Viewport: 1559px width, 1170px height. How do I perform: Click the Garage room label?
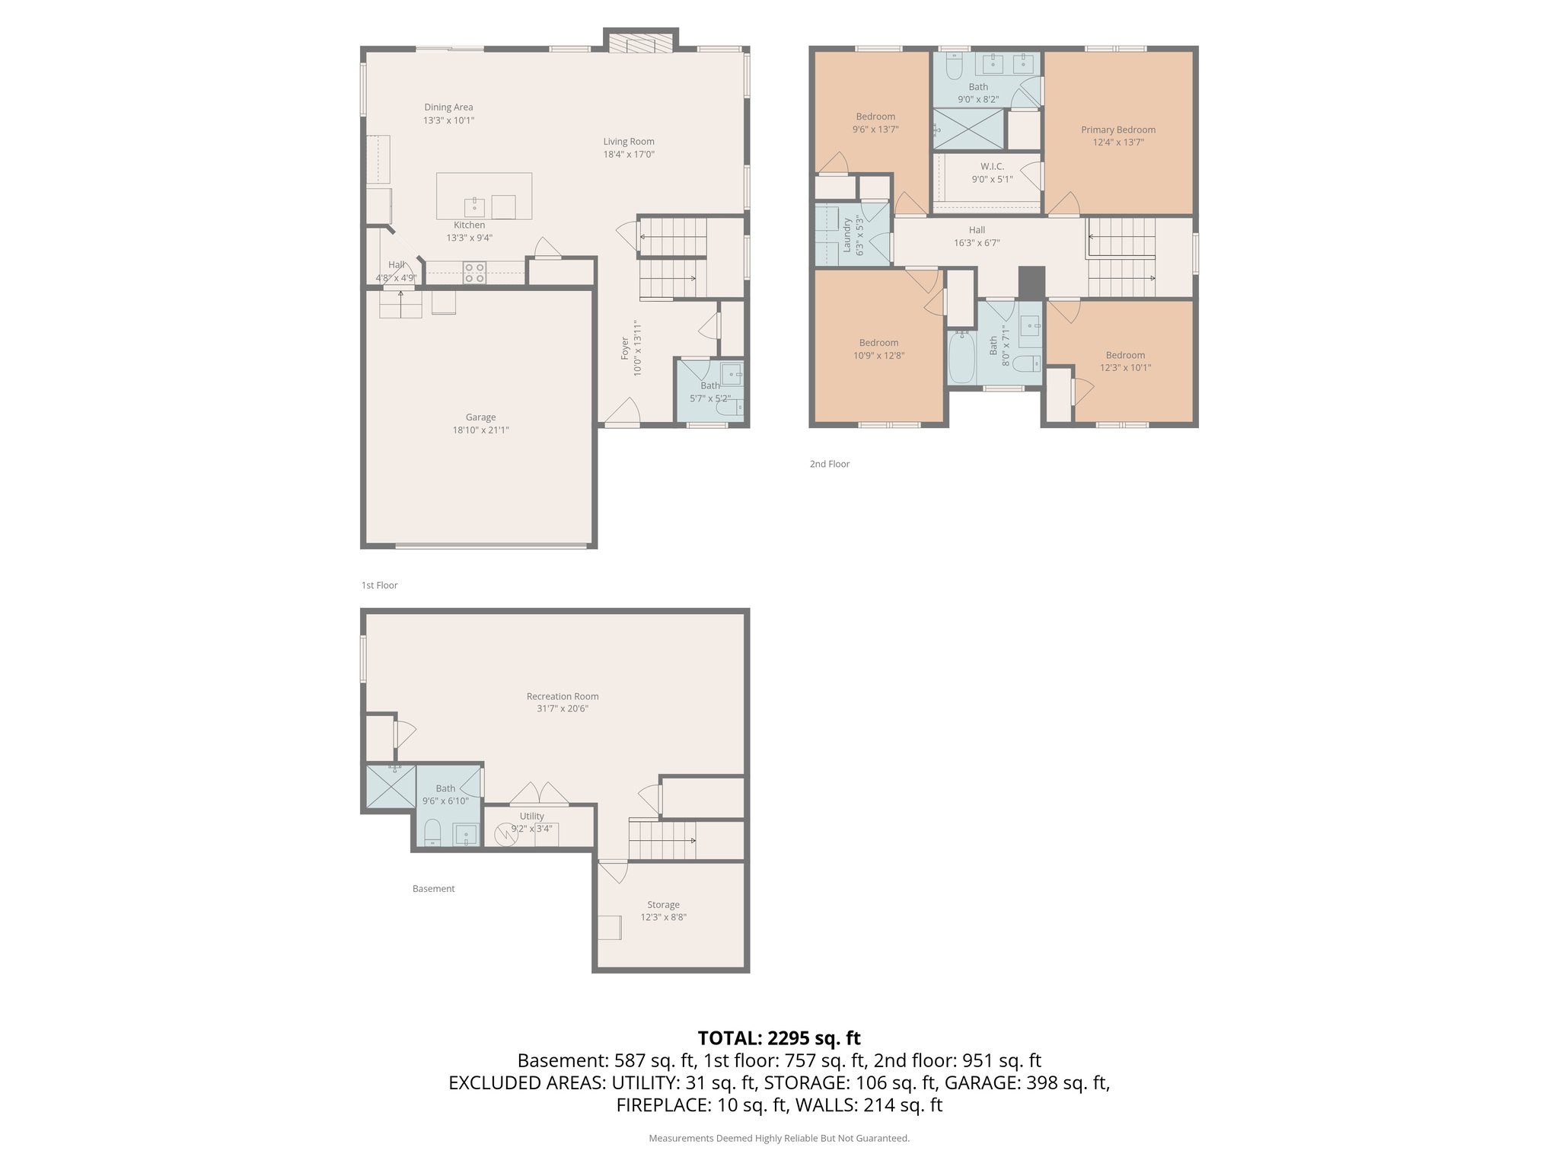(480, 417)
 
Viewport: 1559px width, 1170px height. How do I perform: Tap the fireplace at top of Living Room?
(640, 43)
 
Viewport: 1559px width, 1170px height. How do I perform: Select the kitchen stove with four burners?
(475, 273)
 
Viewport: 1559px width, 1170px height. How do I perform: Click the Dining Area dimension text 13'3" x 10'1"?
(449, 120)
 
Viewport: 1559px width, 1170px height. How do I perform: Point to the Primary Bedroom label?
(1118, 129)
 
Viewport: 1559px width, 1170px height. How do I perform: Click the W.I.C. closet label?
(992, 166)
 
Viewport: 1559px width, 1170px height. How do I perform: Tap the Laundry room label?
(846, 235)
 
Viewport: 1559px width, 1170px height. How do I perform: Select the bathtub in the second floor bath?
(961, 358)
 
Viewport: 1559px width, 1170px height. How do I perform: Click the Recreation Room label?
(563, 696)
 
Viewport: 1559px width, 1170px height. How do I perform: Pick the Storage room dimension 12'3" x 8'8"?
(663, 918)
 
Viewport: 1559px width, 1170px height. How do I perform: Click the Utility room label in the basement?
(531, 816)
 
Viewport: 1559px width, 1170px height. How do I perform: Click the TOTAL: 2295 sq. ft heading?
(779, 1037)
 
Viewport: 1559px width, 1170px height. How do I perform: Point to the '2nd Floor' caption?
(829, 464)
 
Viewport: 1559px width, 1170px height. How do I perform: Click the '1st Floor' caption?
(379, 586)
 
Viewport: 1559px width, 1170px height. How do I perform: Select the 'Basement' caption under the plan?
(433, 889)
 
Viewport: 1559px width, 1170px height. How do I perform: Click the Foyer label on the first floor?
(625, 347)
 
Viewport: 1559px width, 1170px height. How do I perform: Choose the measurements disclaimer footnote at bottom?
(779, 1138)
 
